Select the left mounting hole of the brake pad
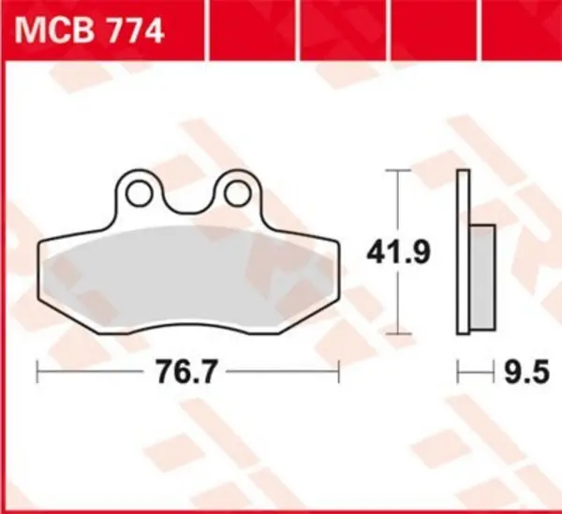[x=142, y=193]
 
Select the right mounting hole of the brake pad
[x=233, y=193]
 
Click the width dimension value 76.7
[x=187, y=373]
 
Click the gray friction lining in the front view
[x=187, y=272]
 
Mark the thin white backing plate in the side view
[x=463, y=253]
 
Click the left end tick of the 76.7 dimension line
[x=37, y=373]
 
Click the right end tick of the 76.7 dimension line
[x=338, y=373]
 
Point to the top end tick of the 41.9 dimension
[x=400, y=172]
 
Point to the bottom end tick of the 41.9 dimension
[x=400, y=332]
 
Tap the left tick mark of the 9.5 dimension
[x=458, y=373]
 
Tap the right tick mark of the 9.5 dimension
[x=494, y=373]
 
